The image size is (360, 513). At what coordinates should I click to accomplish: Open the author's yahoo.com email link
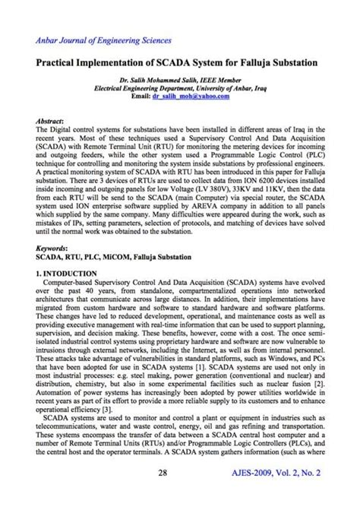[x=192, y=97]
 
